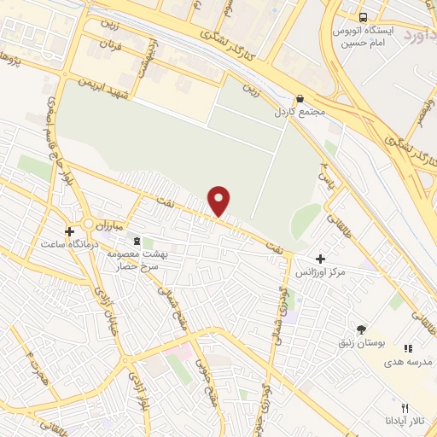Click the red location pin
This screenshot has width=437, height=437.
220,200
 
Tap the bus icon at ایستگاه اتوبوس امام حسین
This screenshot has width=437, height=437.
363,17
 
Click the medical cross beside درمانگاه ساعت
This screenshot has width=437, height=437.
70,230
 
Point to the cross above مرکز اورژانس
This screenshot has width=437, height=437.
320,259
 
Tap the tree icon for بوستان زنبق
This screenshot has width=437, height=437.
361,329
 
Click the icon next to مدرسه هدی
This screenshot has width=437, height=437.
408,348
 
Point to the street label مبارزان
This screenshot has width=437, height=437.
110,226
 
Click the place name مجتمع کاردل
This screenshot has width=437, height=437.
295,112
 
